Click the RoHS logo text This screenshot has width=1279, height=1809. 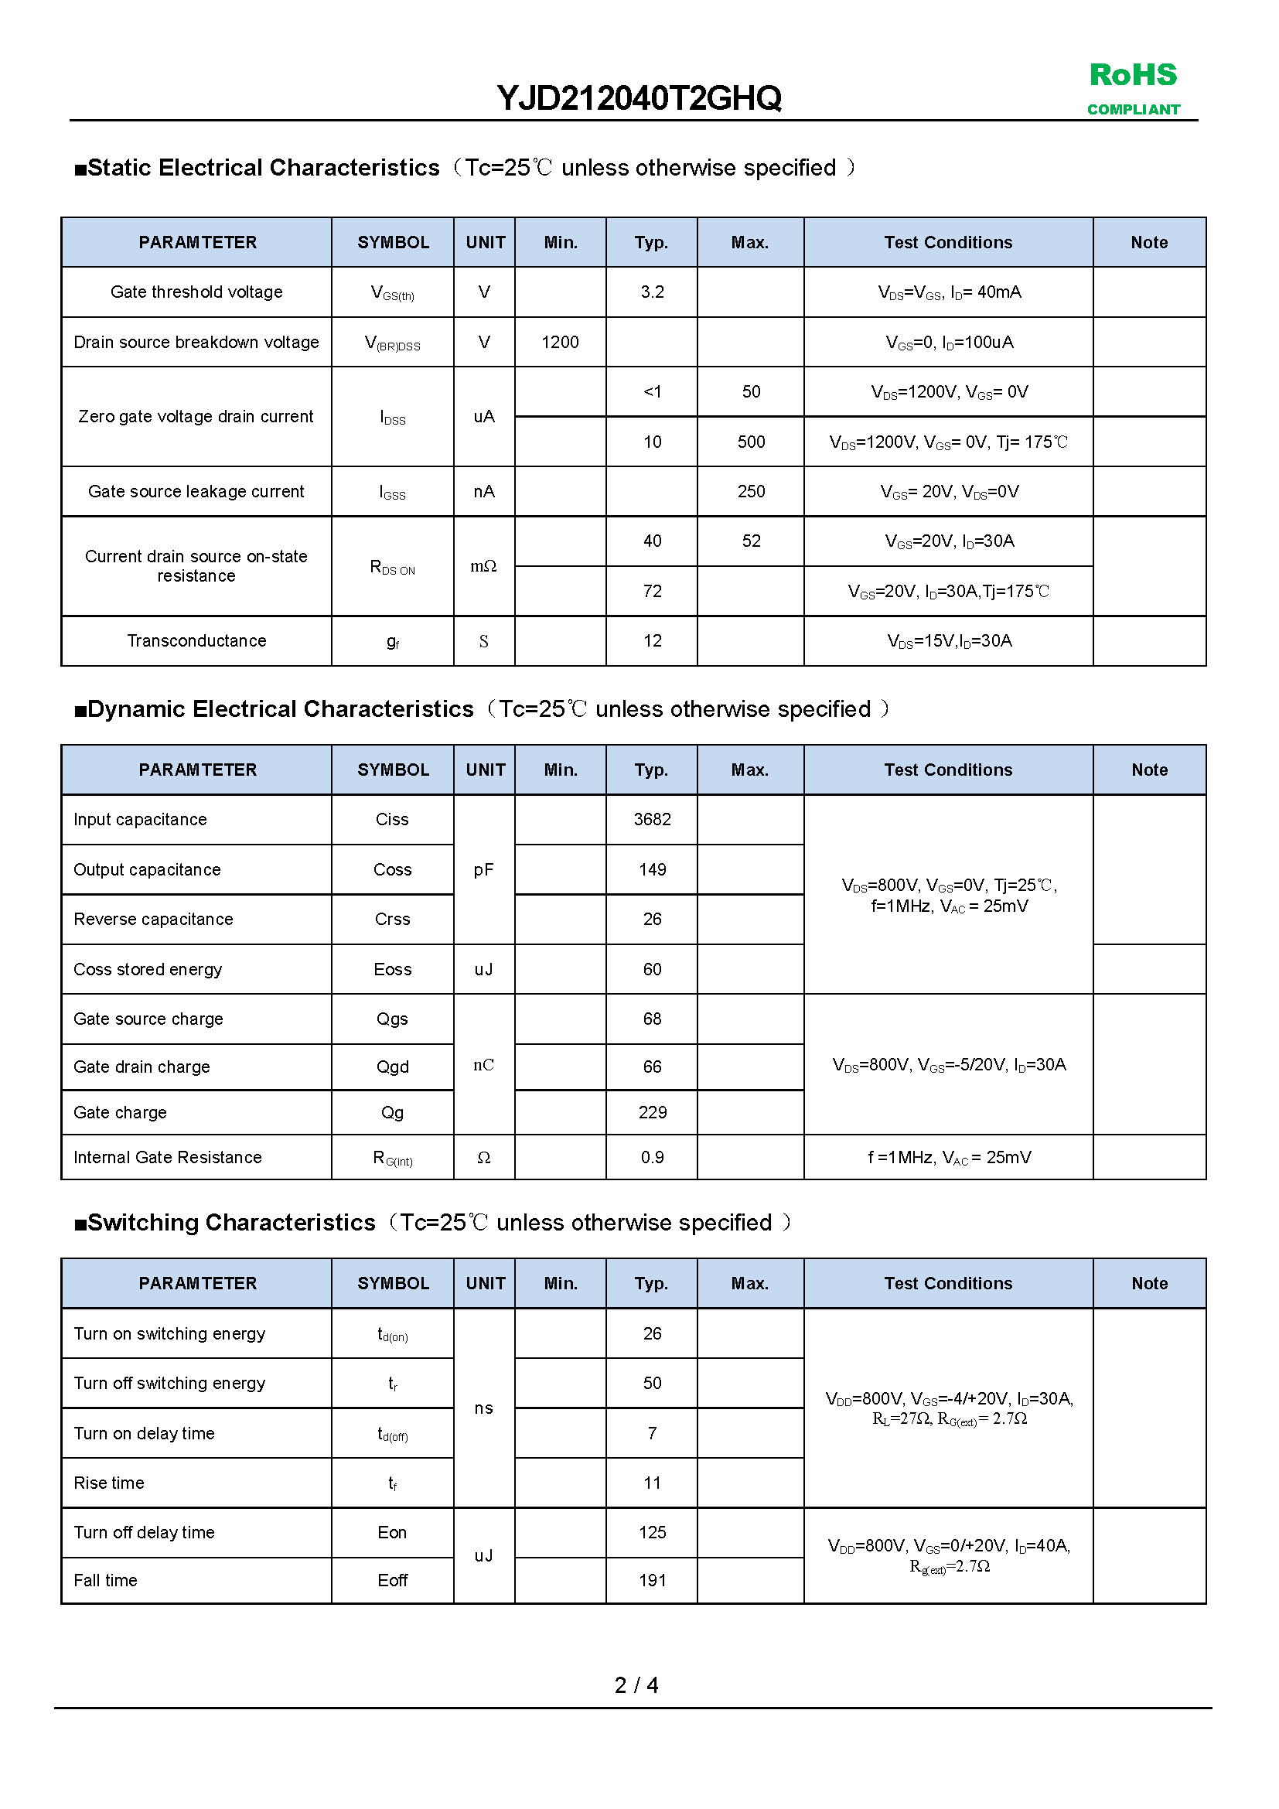click(x=1133, y=76)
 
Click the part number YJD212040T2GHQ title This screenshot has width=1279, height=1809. click(x=639, y=98)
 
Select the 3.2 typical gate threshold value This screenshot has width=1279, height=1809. click(x=652, y=292)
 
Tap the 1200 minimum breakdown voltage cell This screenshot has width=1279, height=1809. click(x=560, y=342)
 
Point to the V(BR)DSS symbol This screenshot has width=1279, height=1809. click(x=392, y=343)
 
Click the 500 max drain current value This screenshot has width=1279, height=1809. click(x=751, y=442)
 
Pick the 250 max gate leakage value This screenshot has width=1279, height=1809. click(x=751, y=492)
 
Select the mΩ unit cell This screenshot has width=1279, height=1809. click(x=483, y=566)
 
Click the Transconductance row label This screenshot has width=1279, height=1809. click(x=197, y=641)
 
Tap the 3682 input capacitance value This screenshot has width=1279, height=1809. click(x=652, y=819)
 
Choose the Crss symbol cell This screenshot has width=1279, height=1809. click(x=392, y=920)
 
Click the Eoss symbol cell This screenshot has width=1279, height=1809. click(x=392, y=970)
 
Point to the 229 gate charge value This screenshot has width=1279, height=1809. click(x=652, y=1112)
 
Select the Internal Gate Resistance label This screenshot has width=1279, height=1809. click(x=168, y=1158)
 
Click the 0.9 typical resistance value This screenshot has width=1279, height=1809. click(x=652, y=1158)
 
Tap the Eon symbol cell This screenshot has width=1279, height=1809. click(x=392, y=1532)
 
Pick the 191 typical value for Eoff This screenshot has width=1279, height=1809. click(x=652, y=1581)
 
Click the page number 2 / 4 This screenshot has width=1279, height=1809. click(x=636, y=1685)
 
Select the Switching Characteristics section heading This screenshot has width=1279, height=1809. click(x=231, y=1223)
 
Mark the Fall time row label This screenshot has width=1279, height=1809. click(x=105, y=1581)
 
